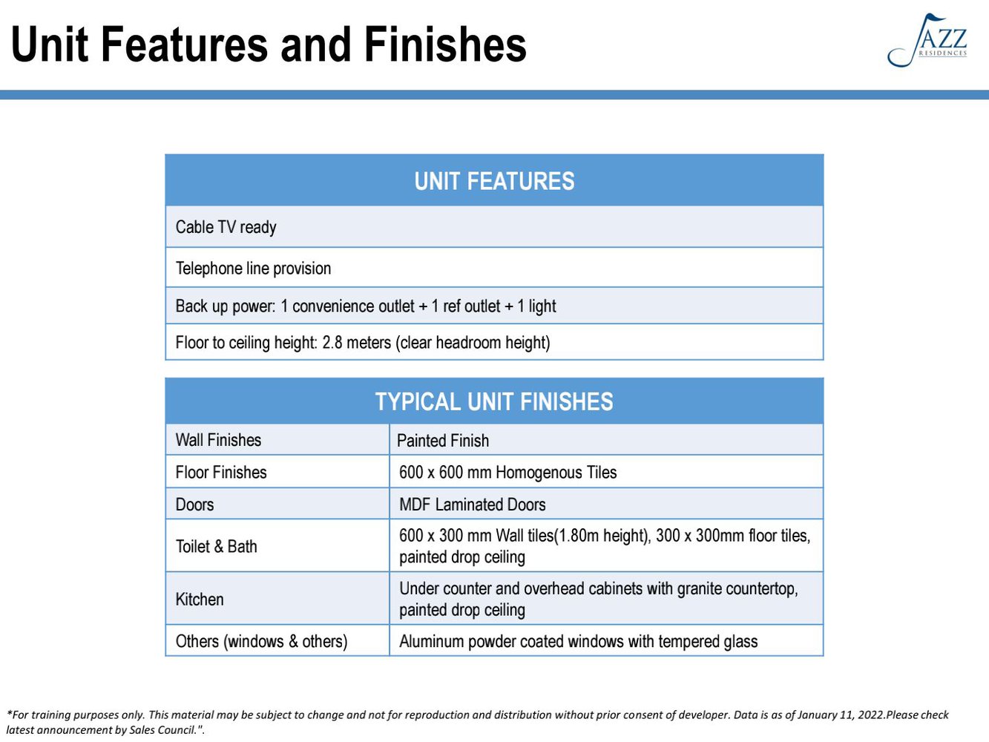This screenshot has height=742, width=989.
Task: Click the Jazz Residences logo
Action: (927, 40)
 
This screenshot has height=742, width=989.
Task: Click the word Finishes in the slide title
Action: (445, 45)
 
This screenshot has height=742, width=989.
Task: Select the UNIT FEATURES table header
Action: (494, 181)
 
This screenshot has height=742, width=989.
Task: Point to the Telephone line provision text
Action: (253, 268)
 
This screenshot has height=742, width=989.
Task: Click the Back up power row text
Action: (366, 306)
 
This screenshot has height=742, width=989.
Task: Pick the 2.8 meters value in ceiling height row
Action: (356, 342)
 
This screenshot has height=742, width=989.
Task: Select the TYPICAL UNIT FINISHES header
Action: (494, 401)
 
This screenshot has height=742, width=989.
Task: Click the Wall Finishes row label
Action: (219, 440)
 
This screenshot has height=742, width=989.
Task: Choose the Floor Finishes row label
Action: (221, 472)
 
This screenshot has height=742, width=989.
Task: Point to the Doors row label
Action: (194, 504)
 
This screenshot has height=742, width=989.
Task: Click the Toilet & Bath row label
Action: (216, 546)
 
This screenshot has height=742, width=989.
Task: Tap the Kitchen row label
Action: (200, 600)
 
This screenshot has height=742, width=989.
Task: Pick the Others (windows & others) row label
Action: (261, 641)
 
